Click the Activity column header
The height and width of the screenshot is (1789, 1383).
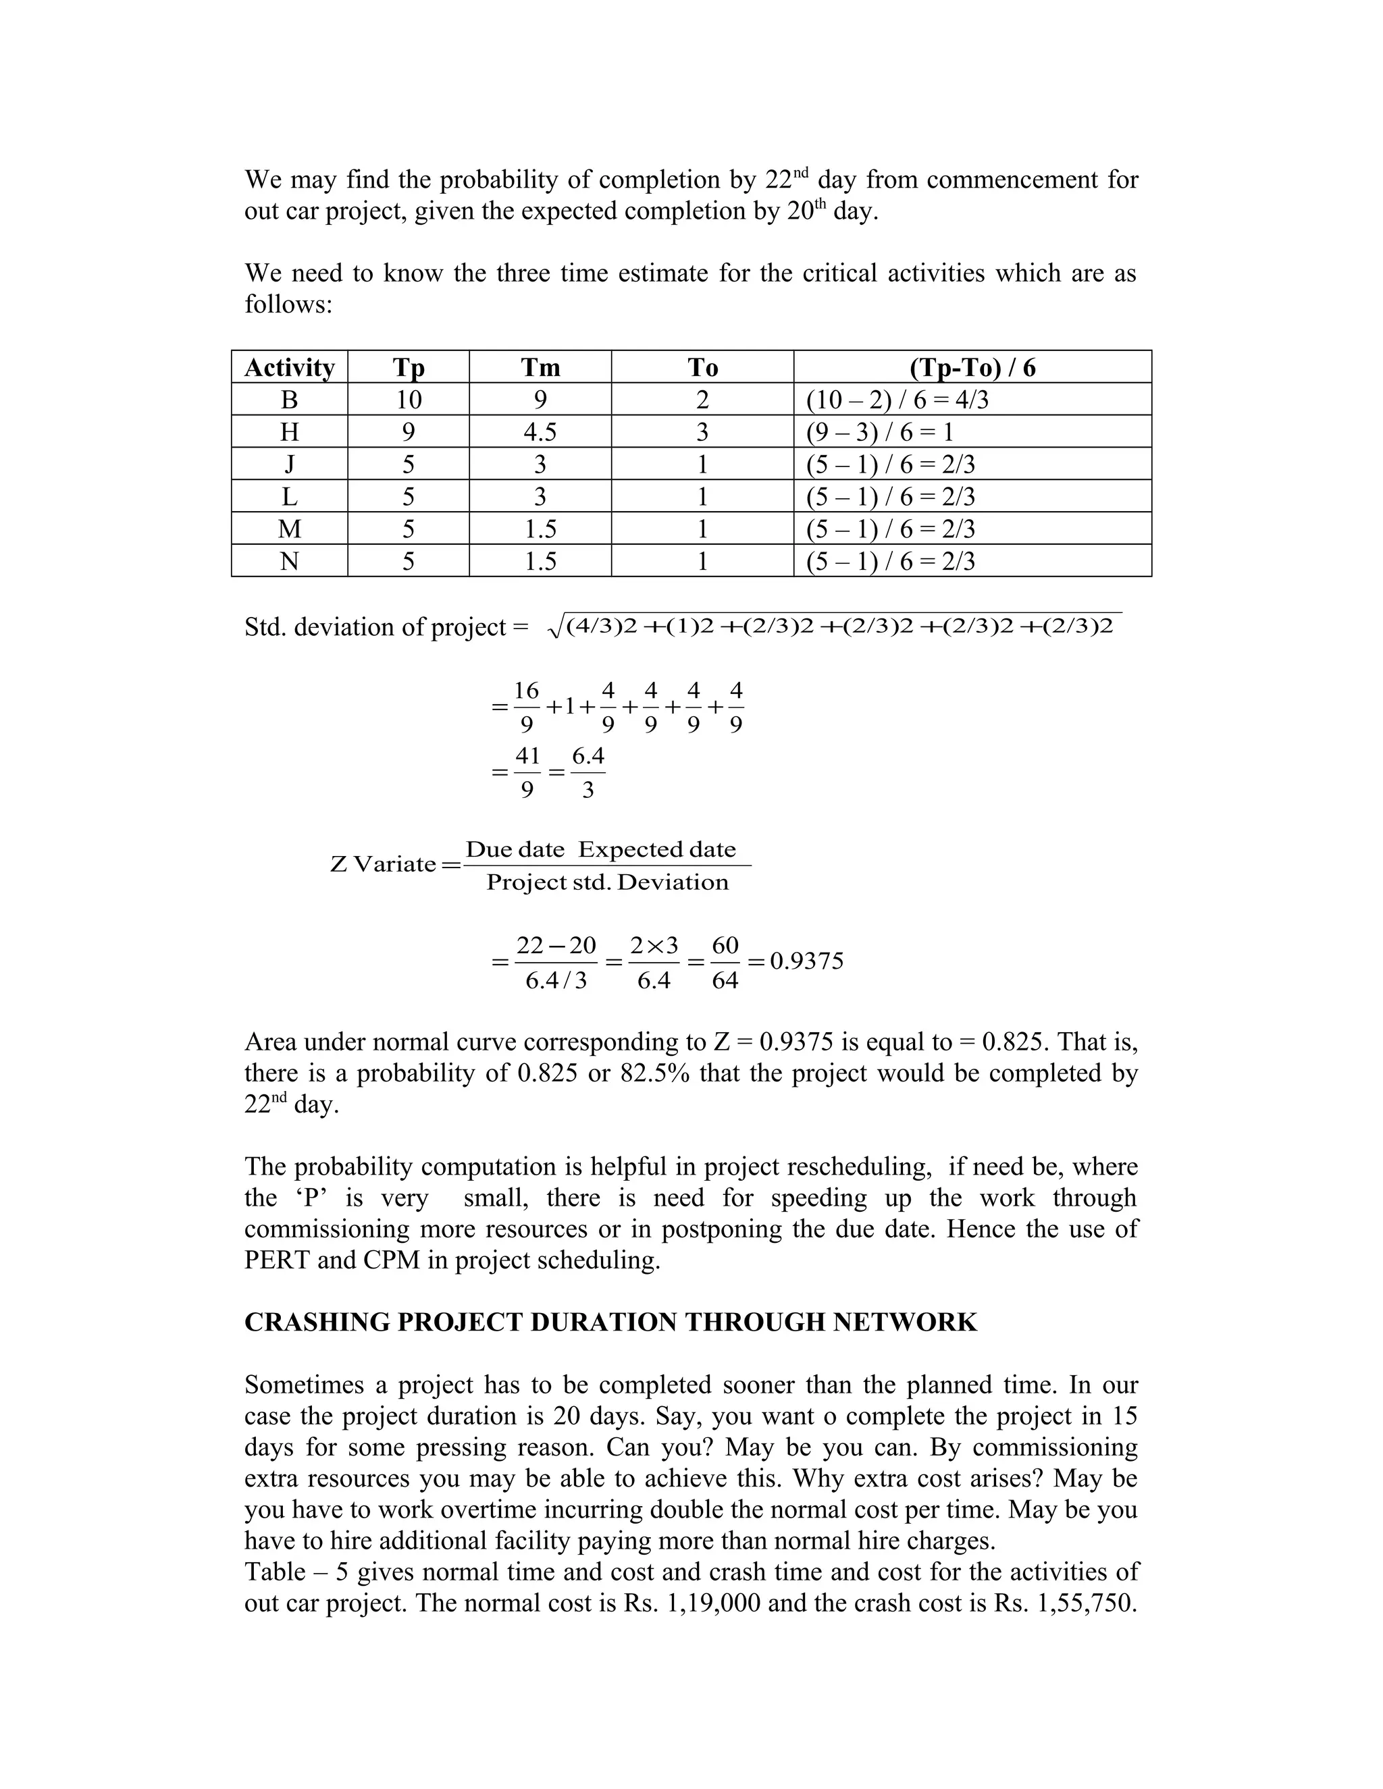(x=289, y=367)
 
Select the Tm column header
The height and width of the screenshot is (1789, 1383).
(x=540, y=367)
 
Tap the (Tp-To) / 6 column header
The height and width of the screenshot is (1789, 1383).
(x=972, y=367)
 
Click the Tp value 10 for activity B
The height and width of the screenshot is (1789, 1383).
(x=408, y=400)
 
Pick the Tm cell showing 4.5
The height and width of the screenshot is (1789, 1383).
(x=540, y=431)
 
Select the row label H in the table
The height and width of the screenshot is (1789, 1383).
(x=289, y=431)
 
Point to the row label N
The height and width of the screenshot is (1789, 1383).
(x=289, y=561)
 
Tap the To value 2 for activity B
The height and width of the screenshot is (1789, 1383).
(x=702, y=400)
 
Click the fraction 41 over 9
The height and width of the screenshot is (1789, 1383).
(x=527, y=772)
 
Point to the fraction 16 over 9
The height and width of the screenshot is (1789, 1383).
(x=526, y=707)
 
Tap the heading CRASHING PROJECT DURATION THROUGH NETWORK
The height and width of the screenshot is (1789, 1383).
(x=610, y=1322)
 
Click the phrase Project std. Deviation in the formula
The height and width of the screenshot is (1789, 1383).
(x=607, y=882)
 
